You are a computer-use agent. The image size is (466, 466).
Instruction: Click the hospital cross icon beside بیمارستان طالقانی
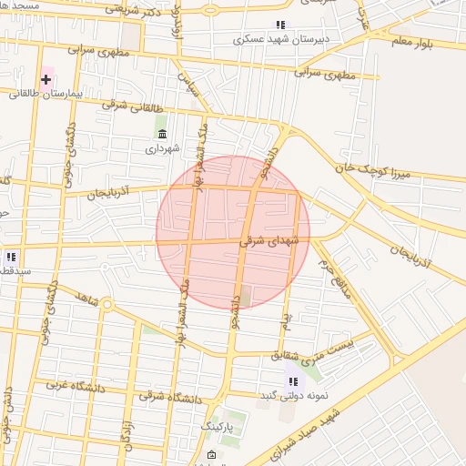[x=46, y=79]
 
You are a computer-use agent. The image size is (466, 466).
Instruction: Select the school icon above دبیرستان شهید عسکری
[x=280, y=25]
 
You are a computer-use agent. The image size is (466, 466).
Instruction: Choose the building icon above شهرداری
[x=162, y=134]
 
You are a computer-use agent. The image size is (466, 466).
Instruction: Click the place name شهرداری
[x=162, y=147]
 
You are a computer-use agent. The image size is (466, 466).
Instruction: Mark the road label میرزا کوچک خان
[x=367, y=168]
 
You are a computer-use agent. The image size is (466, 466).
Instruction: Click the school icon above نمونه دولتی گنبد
[x=292, y=381]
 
